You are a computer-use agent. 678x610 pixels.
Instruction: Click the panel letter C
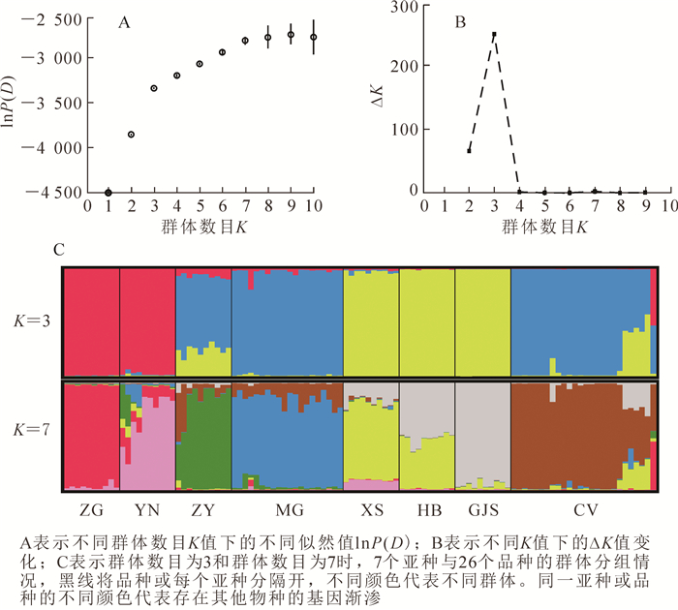tap(59, 250)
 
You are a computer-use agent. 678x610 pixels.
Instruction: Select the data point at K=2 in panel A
tap(132, 135)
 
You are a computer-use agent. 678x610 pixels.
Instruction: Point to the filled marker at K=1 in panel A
tap(108, 193)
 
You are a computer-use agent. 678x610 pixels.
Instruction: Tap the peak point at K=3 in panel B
tap(494, 34)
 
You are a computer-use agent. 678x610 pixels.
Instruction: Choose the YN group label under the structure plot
tap(146, 507)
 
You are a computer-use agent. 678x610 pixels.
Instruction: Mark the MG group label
tap(287, 507)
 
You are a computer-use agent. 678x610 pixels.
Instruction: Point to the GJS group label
tap(481, 507)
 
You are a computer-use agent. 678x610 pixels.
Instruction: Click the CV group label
tap(581, 507)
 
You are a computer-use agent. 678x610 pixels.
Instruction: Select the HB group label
tap(426, 507)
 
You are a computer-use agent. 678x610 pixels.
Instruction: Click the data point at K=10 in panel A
tap(313, 37)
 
